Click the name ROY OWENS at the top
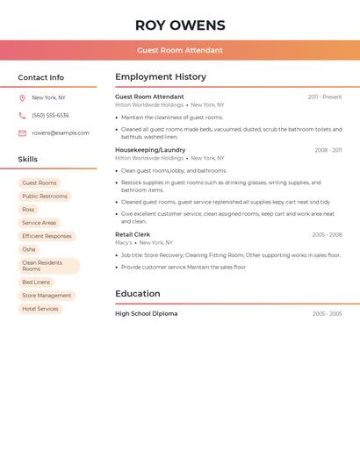(180, 25)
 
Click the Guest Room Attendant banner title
(180, 50)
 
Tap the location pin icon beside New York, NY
(22, 97)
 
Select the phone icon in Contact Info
(22, 115)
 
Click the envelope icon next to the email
(22, 133)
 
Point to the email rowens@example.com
(61, 133)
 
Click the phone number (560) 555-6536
(50, 115)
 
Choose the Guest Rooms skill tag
(40, 183)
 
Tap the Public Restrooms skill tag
(45, 197)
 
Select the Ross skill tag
(29, 210)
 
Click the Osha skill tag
(29, 249)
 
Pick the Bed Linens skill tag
(36, 283)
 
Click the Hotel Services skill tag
(40, 309)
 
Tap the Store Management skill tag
(47, 296)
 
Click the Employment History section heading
(161, 77)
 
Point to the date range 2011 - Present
(324, 97)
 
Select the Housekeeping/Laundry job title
(150, 150)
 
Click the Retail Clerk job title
(133, 234)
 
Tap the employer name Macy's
(124, 242)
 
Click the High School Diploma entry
(146, 313)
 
